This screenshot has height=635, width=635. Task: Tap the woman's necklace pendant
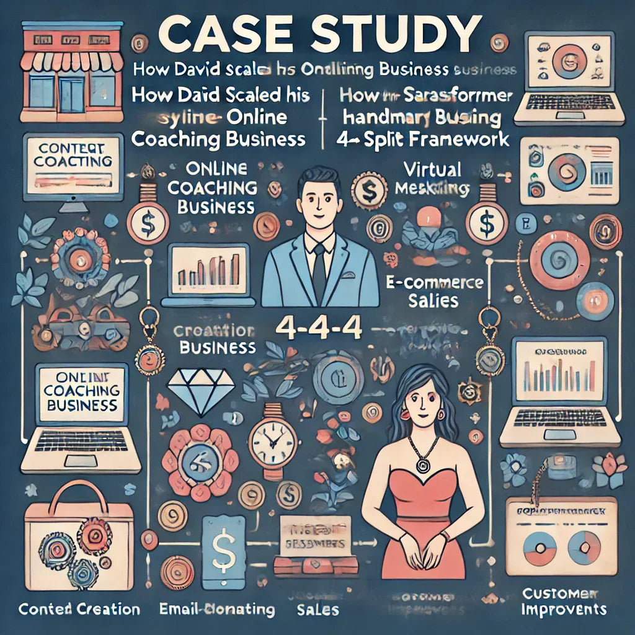tap(424, 461)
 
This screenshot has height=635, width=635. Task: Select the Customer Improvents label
tap(563, 602)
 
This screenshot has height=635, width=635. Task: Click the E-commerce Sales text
tap(433, 292)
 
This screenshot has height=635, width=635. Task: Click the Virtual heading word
tap(432, 170)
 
